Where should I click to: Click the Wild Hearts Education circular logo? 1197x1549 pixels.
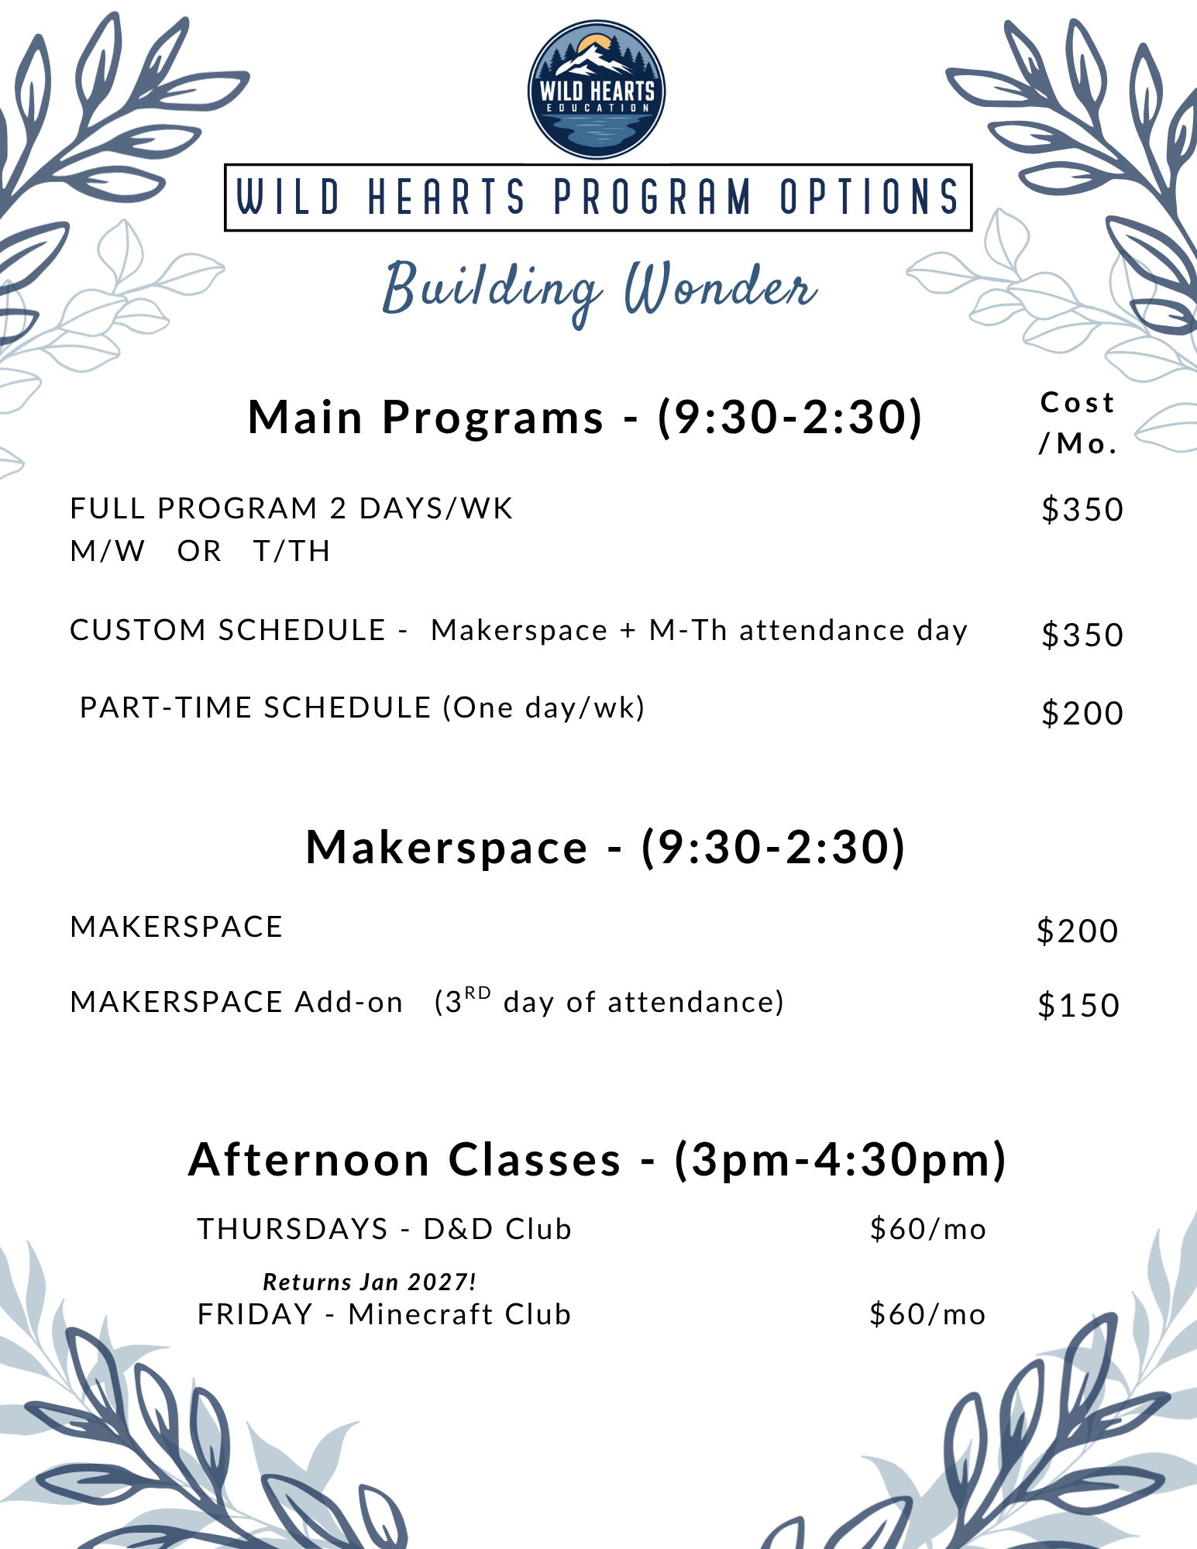click(596, 89)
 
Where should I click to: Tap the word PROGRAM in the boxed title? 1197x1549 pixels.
click(652, 197)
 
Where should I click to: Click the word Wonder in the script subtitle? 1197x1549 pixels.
click(721, 287)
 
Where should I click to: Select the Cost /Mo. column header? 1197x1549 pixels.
click(1078, 422)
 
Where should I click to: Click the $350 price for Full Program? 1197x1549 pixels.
click(1082, 510)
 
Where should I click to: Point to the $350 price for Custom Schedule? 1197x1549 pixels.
click(1082, 635)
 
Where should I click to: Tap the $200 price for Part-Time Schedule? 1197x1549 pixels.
click(1082, 713)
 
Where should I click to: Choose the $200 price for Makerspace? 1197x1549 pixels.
click(1078, 931)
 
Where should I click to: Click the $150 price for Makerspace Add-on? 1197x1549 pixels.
click(1078, 1005)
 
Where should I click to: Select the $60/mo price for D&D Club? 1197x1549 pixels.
click(928, 1229)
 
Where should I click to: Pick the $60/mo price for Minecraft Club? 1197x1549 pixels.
click(927, 1314)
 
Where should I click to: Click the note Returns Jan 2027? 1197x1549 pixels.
click(370, 1282)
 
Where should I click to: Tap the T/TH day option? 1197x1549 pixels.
click(292, 551)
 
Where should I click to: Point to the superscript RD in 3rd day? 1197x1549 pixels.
click(477, 993)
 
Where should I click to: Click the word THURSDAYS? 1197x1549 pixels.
click(292, 1229)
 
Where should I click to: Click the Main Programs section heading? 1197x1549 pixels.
click(585, 417)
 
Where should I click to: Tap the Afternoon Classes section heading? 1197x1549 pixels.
click(597, 1159)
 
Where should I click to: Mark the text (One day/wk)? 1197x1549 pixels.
click(544, 707)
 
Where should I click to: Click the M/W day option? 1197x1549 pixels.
click(108, 551)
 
